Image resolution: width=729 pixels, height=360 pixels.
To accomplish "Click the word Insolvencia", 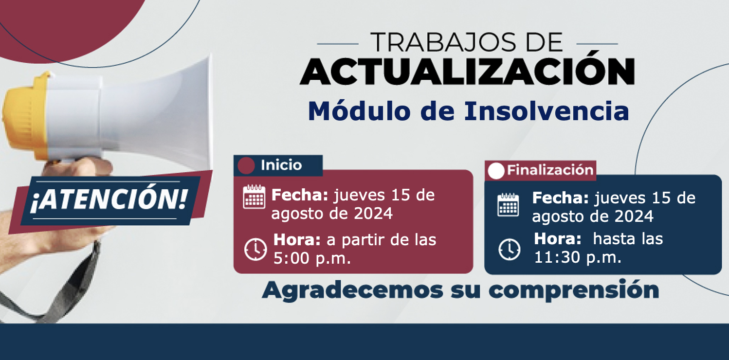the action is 547,111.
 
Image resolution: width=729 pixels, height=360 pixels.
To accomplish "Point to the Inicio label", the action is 281,165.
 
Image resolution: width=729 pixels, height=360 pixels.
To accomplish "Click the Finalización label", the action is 550,170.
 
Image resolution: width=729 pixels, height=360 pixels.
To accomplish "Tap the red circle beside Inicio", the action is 246,165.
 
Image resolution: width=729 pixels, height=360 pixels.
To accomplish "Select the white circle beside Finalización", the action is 496,171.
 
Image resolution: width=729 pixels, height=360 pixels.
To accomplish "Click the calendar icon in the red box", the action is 254,197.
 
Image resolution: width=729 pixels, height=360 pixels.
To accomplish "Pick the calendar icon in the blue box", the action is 508,204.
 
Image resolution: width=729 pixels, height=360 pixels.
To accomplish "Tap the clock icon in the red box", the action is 255,250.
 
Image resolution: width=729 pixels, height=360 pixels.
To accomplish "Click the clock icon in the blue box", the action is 510,250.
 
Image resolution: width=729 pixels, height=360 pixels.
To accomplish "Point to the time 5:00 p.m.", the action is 312,258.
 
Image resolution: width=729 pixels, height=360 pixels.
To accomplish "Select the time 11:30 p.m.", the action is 578,257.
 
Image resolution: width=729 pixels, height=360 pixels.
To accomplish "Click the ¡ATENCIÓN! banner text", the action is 109,199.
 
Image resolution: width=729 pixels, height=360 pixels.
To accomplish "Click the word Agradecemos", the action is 352,290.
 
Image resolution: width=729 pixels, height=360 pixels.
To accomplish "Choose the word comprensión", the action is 574,290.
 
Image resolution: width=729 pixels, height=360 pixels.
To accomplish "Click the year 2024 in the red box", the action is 373,214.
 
